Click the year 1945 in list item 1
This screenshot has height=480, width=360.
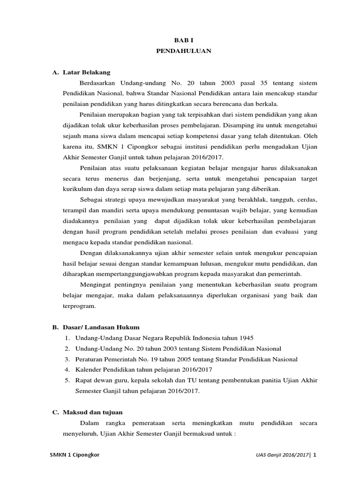tap(246, 337)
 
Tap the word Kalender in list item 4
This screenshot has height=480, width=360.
tap(88, 369)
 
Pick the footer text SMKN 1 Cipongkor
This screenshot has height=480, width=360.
tap(75, 455)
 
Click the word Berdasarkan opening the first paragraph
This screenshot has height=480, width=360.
tap(98, 83)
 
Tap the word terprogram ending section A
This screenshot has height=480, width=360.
tap(79, 306)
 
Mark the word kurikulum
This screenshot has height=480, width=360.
tap(76, 189)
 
